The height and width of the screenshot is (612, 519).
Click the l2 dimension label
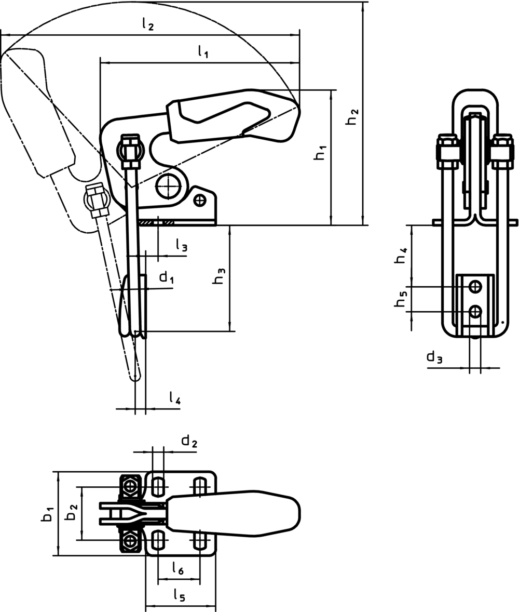(148, 24)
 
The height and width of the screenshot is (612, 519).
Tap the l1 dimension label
(203, 51)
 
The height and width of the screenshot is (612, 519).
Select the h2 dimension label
(352, 117)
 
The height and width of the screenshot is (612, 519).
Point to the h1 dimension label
(320, 152)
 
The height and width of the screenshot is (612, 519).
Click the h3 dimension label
(220, 275)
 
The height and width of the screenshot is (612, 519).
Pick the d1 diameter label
(167, 277)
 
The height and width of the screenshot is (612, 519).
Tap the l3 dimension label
(182, 245)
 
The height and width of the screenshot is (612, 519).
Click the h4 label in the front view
(401, 255)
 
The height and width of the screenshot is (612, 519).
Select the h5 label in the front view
(401, 299)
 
